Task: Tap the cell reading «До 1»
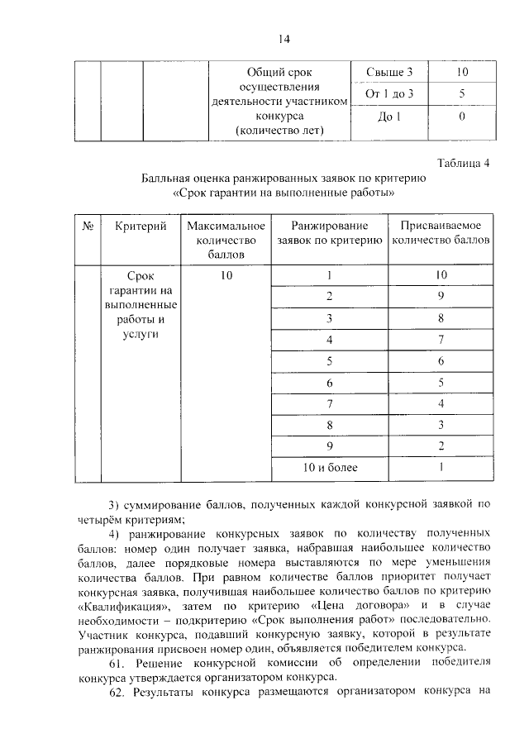pos(388,117)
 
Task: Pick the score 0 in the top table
pos(462,117)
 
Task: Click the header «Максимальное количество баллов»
pos(226,240)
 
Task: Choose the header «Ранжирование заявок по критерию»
pos(329,233)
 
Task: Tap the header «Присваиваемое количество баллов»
pos(441,233)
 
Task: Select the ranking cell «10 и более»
pos(329,468)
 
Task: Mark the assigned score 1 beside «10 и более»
pos(441,468)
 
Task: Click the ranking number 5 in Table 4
pos(329,360)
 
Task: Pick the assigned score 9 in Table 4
pos(441,296)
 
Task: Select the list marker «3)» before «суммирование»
pos(115,505)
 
